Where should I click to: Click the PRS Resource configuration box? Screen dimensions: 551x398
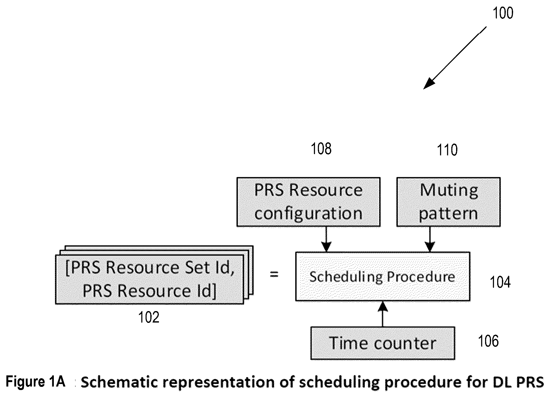(x=308, y=202)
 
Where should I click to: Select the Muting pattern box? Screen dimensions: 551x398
(x=448, y=202)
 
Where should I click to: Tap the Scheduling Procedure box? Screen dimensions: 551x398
(x=383, y=276)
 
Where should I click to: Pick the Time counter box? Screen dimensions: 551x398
(x=383, y=343)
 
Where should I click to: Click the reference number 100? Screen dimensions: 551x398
(x=503, y=13)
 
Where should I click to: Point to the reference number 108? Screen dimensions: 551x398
(x=321, y=149)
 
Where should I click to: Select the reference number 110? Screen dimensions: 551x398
(x=447, y=150)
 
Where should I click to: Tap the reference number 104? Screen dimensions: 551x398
(x=500, y=282)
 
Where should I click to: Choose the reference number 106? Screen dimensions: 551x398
(x=488, y=341)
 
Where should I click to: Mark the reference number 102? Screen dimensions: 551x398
(x=149, y=317)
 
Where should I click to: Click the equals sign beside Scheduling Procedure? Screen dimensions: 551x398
(x=274, y=274)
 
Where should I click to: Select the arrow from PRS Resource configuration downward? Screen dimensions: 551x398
(x=326, y=239)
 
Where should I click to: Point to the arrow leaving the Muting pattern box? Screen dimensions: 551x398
(x=430, y=239)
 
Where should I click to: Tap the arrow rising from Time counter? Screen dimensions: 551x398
(x=383, y=314)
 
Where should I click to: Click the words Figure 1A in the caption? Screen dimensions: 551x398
(x=36, y=381)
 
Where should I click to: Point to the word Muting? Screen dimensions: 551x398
(x=449, y=190)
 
